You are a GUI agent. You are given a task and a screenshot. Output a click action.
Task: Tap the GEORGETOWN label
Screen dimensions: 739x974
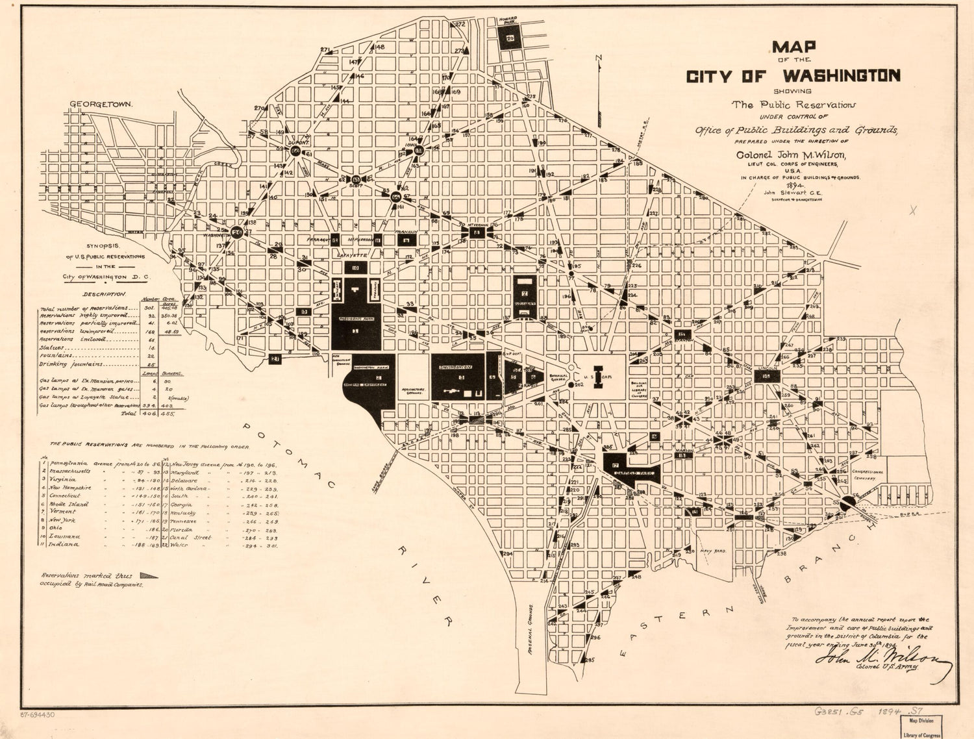(x=101, y=104)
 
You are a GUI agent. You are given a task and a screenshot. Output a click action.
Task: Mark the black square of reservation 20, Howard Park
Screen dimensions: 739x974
(x=510, y=39)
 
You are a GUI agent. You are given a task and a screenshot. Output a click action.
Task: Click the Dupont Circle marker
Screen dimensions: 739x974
(x=296, y=151)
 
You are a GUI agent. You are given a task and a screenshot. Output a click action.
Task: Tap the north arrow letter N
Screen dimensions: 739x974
(x=599, y=60)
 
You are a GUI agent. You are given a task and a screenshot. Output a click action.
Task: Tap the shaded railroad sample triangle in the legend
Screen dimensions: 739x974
(x=148, y=575)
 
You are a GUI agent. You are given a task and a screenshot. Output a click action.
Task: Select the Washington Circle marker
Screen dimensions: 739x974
(x=237, y=231)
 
